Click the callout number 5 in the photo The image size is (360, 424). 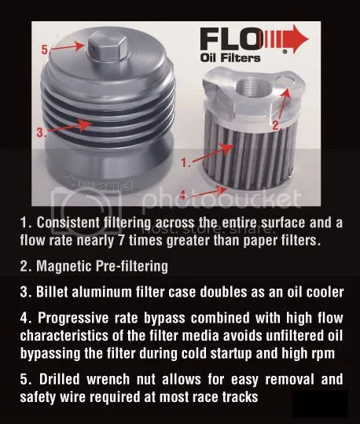coord(45,49)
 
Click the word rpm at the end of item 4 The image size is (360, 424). coord(329,351)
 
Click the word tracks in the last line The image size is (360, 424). coord(237,395)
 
